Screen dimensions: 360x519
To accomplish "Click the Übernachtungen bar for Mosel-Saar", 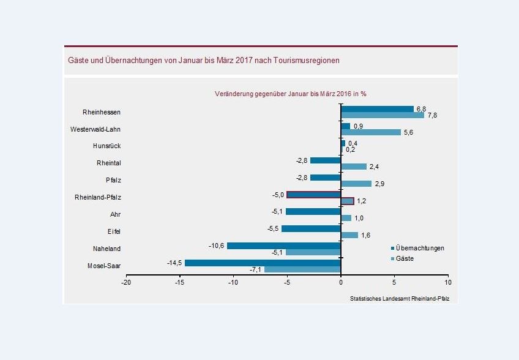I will coord(263,263).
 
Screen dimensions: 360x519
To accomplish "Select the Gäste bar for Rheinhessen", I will coord(382,115).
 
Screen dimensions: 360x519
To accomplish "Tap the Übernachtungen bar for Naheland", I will coord(283,246).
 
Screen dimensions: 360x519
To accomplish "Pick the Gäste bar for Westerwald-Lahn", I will coord(370,132).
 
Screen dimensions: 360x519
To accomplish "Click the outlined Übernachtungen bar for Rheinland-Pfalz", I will coord(313,195).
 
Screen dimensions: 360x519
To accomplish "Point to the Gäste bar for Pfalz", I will coord(356,184).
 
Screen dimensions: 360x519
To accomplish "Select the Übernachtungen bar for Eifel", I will coord(311,228).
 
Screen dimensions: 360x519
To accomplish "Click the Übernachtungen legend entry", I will coord(419,248).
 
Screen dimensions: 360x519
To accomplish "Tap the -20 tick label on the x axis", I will coord(126,282).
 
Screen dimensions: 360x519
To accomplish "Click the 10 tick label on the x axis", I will coord(448,282).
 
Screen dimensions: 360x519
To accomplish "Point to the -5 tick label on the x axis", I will coord(286,282).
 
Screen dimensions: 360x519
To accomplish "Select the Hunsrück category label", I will coord(106,146).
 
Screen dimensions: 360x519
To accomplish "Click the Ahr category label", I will coord(115,214).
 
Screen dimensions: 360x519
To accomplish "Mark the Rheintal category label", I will coord(108,163).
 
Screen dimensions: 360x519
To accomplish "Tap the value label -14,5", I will coord(174,263).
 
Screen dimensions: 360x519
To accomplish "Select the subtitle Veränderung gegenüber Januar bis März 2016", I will coord(291,94).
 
